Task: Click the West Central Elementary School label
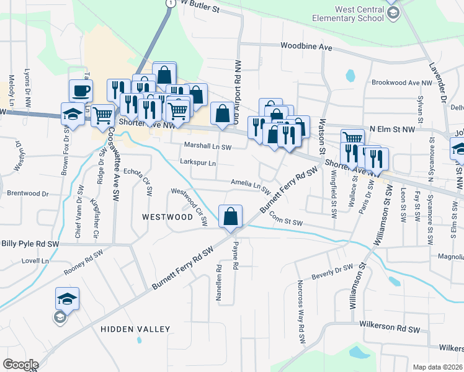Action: click(x=360, y=14)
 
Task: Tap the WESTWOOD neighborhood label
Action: click(x=167, y=217)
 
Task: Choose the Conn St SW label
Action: click(x=286, y=219)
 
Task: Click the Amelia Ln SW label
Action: click(x=251, y=185)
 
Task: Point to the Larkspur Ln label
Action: click(x=197, y=163)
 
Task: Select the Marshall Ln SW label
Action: click(x=207, y=146)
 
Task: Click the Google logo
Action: click(x=20, y=365)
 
